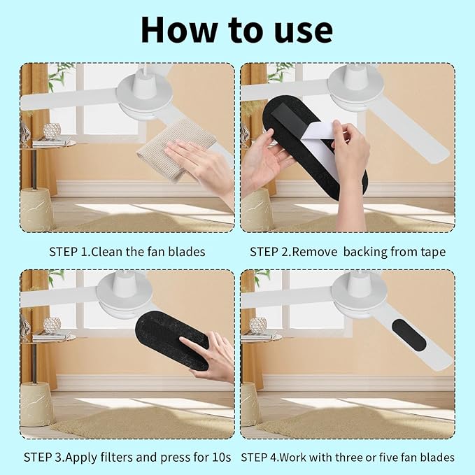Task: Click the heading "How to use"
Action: pos(236,29)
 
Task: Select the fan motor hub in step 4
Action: pos(360,294)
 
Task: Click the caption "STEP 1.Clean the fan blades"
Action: pos(127,251)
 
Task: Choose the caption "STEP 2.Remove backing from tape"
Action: pos(348,251)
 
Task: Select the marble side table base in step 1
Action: pos(36,209)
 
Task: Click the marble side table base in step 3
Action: pos(36,403)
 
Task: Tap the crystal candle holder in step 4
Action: pos(258,325)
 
